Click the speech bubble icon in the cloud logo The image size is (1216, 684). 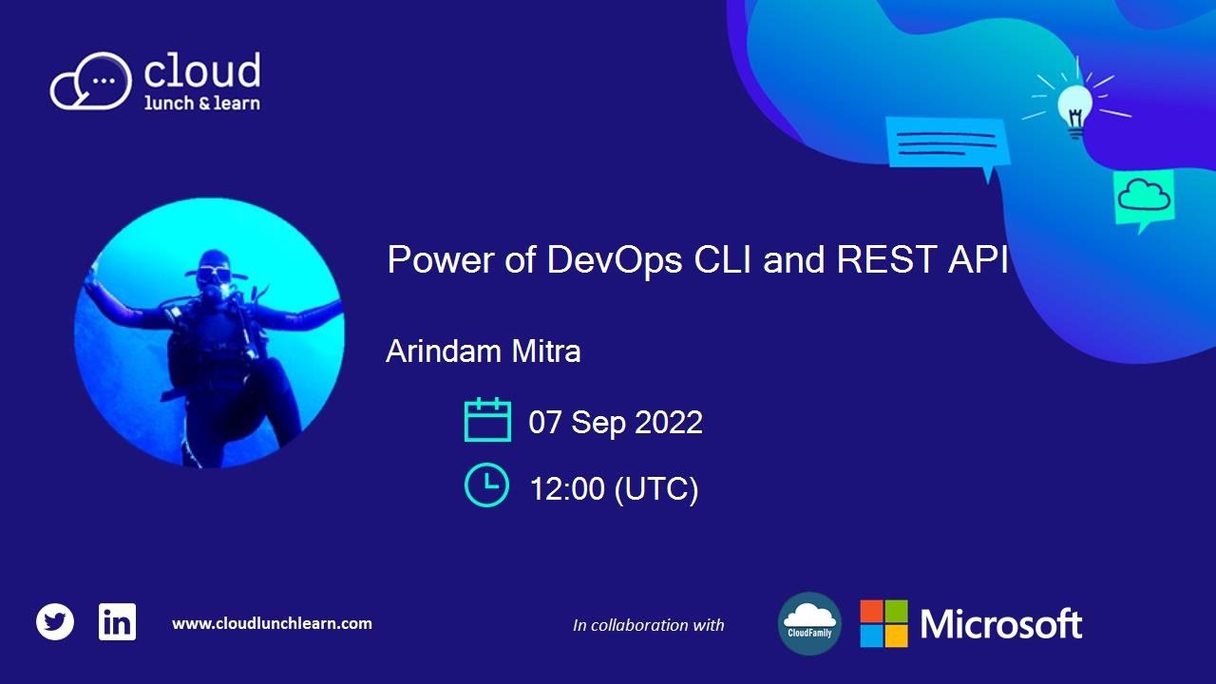tap(91, 81)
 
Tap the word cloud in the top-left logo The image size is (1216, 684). tap(201, 71)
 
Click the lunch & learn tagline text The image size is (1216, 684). tap(201, 103)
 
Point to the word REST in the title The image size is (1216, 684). tap(879, 259)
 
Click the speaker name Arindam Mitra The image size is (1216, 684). tap(483, 351)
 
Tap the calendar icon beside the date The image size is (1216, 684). tap(487, 420)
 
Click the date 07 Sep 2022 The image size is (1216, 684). tap(616, 422)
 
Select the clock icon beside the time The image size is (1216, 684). tap(486, 484)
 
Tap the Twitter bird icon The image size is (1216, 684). tap(55, 622)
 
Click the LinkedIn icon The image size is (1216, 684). tap(117, 622)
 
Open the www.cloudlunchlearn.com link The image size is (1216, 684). tap(272, 623)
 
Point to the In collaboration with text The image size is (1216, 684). tap(648, 625)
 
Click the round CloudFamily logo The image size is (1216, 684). tap(809, 623)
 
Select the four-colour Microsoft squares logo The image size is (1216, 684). tap(883, 623)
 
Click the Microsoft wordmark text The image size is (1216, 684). tap(1001, 624)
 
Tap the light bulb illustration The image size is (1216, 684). tap(1074, 107)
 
